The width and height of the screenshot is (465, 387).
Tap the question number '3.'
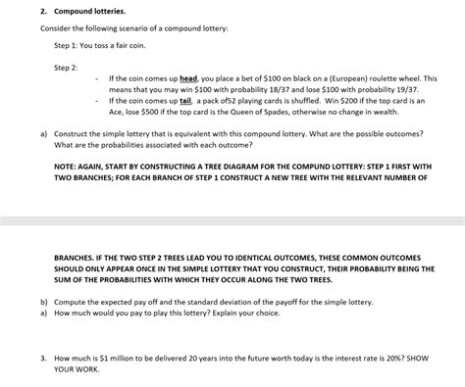[44, 332]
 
